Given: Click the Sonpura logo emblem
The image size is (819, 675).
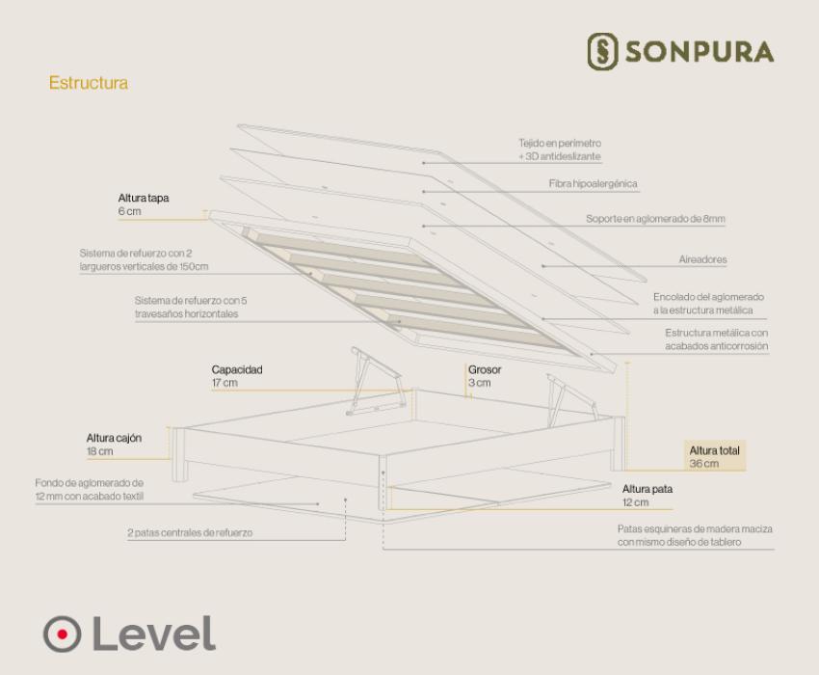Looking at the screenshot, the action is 602,51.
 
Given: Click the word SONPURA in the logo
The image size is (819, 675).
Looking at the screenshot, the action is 700,52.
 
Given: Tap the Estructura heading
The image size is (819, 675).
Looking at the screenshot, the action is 89,83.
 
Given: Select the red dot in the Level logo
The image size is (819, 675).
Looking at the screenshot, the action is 63,634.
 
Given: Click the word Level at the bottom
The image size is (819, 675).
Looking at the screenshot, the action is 153,634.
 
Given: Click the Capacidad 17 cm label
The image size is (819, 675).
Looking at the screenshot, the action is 237,376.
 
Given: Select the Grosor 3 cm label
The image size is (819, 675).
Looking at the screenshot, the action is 485,376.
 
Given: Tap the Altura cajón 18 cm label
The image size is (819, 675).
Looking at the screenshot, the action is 114,445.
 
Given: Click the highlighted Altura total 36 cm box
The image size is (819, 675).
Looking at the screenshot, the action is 715,456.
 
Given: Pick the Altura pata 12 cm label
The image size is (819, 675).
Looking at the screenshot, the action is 647,495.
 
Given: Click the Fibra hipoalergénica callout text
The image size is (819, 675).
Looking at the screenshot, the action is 593,183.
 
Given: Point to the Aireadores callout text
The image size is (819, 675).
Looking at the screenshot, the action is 702,259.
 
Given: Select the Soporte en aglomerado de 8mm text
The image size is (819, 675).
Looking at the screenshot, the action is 655,219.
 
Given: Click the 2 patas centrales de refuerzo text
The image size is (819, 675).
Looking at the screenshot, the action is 190,533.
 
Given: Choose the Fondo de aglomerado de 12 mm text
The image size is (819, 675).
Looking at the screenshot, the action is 90,490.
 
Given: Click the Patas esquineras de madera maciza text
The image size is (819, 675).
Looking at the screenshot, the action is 695,535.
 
